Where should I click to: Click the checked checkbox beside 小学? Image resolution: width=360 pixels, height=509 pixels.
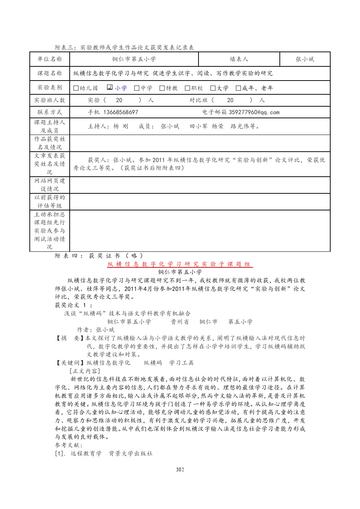[110, 87]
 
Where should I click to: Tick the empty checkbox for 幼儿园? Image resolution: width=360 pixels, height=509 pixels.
[76, 88]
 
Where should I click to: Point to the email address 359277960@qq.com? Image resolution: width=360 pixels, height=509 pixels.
[254, 112]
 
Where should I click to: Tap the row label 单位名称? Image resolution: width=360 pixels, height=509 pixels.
[50, 59]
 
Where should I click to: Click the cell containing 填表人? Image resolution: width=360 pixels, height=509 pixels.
[239, 59]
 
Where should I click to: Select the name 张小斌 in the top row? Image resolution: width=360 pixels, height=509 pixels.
[305, 59]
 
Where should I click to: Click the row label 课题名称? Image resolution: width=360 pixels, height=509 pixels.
[50, 73]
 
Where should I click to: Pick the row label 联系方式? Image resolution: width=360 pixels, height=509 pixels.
[50, 112]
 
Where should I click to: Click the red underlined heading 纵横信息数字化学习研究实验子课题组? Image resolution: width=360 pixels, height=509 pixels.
[180, 264]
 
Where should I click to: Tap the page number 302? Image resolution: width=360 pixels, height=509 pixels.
[180, 469]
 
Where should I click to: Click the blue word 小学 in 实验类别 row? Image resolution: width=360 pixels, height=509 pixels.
[121, 88]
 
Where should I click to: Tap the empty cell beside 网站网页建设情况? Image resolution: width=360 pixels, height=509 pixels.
[200, 185]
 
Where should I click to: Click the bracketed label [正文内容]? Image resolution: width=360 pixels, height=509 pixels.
[85, 371]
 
